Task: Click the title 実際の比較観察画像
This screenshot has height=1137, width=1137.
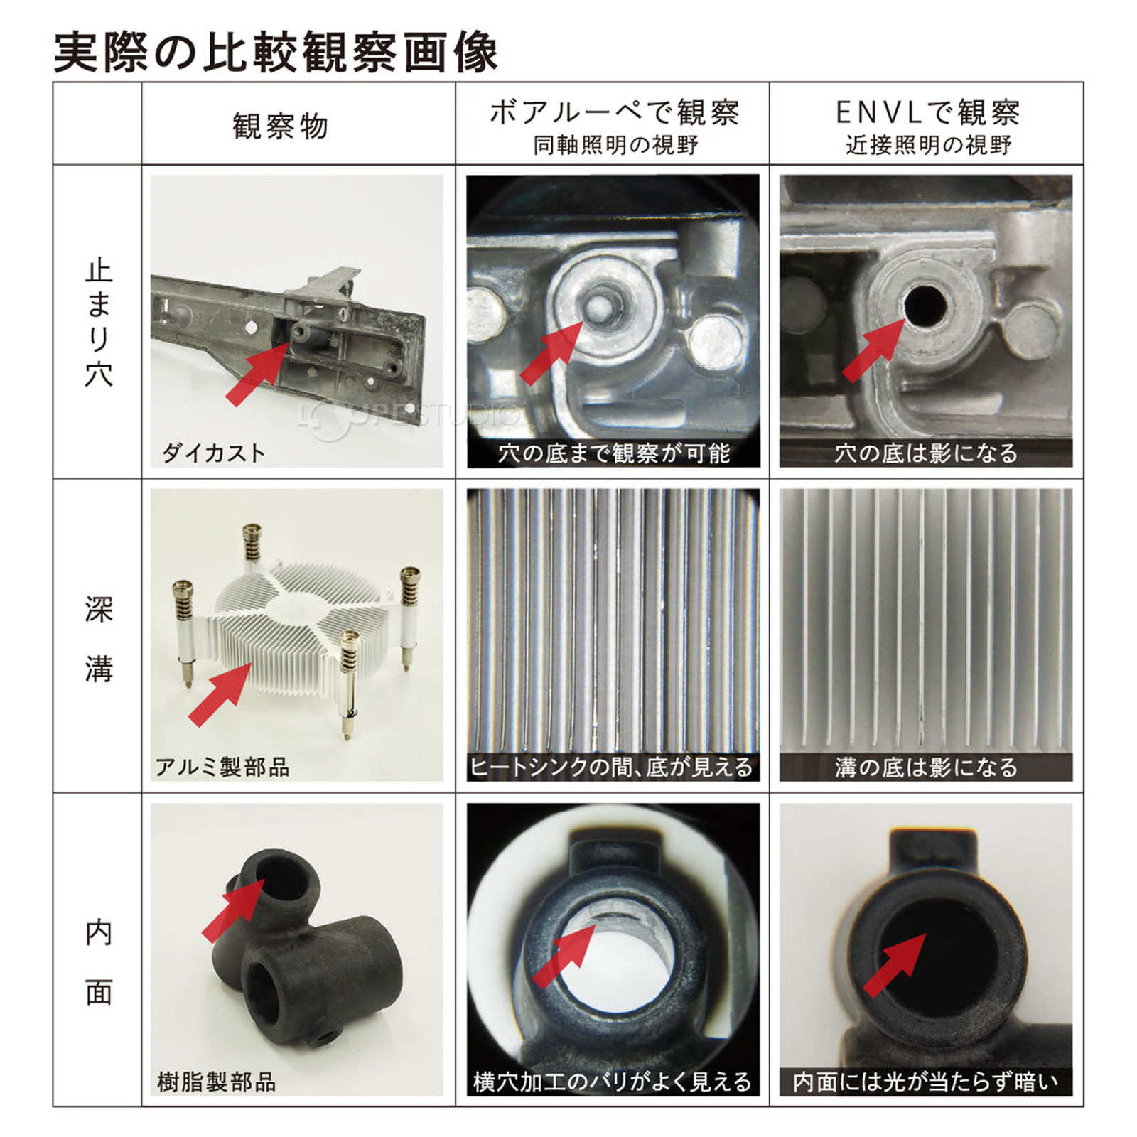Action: (x=276, y=51)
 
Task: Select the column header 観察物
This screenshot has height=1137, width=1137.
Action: (x=280, y=126)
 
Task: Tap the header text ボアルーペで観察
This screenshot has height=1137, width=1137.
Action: (x=615, y=112)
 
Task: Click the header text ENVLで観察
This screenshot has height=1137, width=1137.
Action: (x=927, y=112)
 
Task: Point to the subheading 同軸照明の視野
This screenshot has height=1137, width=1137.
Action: (x=615, y=145)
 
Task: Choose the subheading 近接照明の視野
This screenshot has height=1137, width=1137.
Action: (x=928, y=145)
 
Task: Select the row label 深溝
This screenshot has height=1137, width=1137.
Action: (x=99, y=639)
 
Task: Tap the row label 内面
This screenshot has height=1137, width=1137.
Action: (x=99, y=961)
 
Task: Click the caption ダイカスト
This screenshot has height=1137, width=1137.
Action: (x=213, y=453)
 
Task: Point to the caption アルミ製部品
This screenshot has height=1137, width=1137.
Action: (x=222, y=767)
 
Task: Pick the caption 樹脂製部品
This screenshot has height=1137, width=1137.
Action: (x=216, y=1082)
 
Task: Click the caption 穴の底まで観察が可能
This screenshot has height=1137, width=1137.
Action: (x=614, y=453)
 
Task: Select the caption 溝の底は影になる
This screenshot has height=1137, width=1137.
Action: (x=926, y=767)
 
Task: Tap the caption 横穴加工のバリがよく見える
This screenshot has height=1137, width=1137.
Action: (x=613, y=1082)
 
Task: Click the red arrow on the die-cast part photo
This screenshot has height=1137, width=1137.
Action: (x=257, y=373)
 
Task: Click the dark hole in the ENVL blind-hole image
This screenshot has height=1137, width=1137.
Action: (x=925, y=306)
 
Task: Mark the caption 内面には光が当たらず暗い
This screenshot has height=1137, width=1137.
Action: (x=925, y=1082)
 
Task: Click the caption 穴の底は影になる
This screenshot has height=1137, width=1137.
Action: (x=926, y=453)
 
